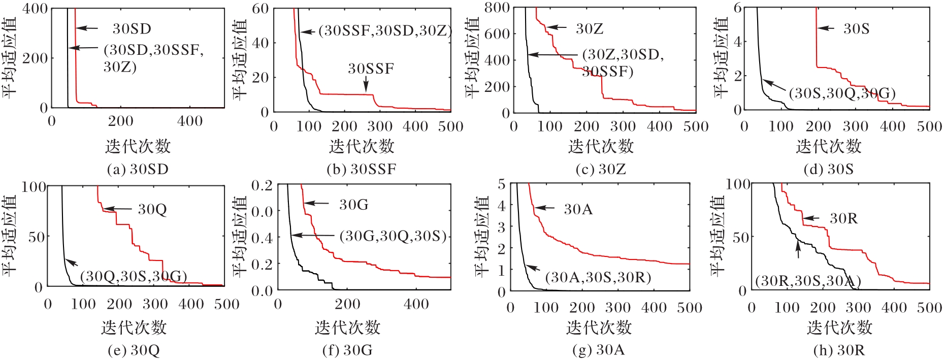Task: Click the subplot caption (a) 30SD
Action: pyautogui.click(x=137, y=169)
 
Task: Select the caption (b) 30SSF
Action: pyautogui.click(x=361, y=169)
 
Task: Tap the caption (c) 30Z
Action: pyautogui.click(x=601, y=169)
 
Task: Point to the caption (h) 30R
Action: pyautogui.click(x=839, y=350)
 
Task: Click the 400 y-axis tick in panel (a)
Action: pyautogui.click(x=35, y=9)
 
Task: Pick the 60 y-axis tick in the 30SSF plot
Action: pyautogui.click(x=260, y=9)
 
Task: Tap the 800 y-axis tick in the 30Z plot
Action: pyautogui.click(x=497, y=8)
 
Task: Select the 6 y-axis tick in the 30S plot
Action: pyautogui.click(x=737, y=8)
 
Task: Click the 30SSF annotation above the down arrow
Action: pyautogui.click(x=371, y=69)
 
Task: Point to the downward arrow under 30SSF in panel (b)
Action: pyautogui.click(x=366, y=84)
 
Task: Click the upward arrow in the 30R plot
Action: pyautogui.click(x=798, y=249)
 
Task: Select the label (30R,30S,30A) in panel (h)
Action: pyautogui.click(x=807, y=281)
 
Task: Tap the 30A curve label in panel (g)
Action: pyautogui.click(x=578, y=209)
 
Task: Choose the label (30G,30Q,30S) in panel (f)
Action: pyautogui.click(x=393, y=236)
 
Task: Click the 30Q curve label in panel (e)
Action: pyautogui.click(x=152, y=209)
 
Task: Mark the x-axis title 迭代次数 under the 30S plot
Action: pyautogui.click(x=828, y=146)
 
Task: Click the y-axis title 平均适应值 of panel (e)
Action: pyautogui.click(x=10, y=236)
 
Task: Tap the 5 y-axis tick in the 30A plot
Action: pyautogui.click(x=501, y=184)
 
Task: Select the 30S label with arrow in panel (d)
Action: pyautogui.click(x=856, y=29)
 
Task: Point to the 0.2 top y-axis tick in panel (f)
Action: pyautogui.click(x=262, y=185)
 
